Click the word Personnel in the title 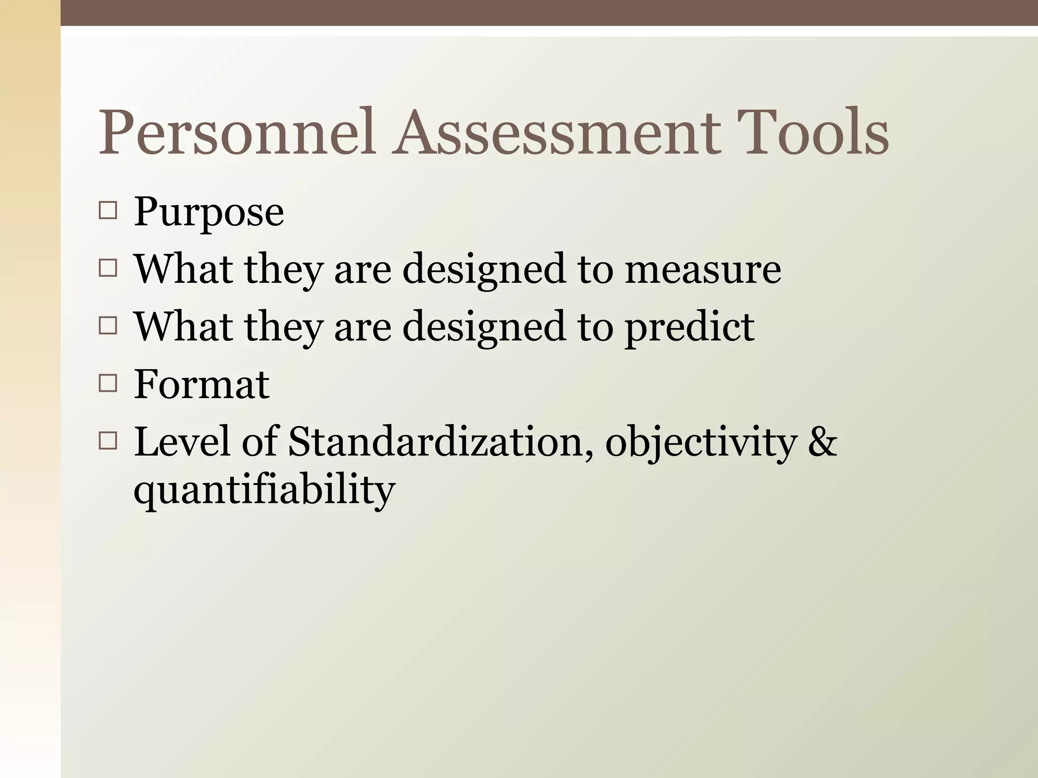[x=237, y=132]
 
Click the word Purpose [x=208, y=213]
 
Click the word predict [x=689, y=328]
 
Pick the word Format [x=201, y=384]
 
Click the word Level [x=182, y=442]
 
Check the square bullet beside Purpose [x=108, y=210]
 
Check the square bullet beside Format [x=108, y=383]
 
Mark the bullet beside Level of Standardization [x=108, y=441]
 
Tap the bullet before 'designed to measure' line [x=108, y=268]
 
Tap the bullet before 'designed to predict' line [x=108, y=326]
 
